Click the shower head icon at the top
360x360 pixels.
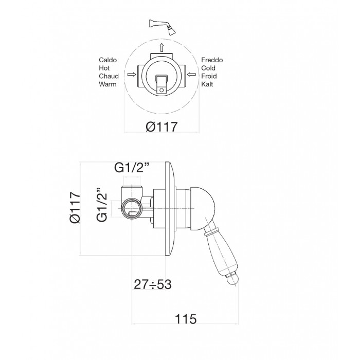pos(163,27)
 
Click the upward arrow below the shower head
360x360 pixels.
pos(161,47)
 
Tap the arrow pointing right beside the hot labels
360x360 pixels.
pos(132,75)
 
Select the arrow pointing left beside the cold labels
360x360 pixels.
pos(191,75)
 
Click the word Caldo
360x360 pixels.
pos(107,60)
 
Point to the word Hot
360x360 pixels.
pos(104,68)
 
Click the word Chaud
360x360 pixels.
pos(109,76)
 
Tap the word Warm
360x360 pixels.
pos(107,84)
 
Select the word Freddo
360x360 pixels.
pos(212,60)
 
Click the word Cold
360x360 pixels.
pos(208,68)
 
